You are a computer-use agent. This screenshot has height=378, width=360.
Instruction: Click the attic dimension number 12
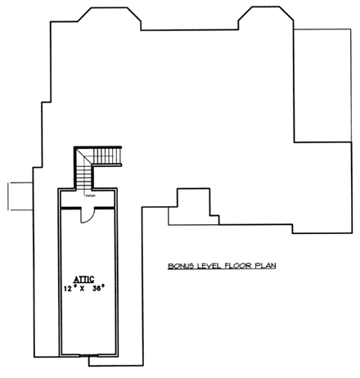coord(69,289)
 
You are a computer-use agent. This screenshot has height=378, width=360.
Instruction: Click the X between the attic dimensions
coord(83,289)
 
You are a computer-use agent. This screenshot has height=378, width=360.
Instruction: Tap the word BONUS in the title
coord(180,265)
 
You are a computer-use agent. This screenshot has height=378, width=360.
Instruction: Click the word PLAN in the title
coord(263,265)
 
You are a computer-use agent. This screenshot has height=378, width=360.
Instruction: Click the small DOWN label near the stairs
coord(89,197)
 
